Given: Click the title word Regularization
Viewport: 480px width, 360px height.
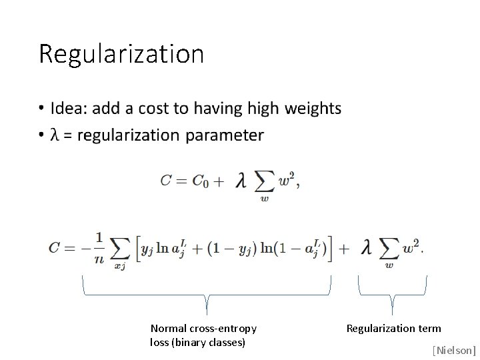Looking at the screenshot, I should click(x=121, y=54).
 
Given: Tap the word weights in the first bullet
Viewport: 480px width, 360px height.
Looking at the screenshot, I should click(x=313, y=108).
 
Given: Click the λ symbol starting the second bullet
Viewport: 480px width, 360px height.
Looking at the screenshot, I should click(x=56, y=135).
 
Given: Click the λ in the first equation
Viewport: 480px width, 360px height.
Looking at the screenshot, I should click(x=241, y=181).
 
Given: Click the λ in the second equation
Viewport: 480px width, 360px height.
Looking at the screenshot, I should click(x=365, y=247).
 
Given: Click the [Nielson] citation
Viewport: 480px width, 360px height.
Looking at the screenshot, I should click(x=454, y=349).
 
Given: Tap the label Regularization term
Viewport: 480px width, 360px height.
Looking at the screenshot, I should click(x=393, y=328).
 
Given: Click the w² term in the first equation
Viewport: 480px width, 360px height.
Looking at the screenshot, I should click(x=288, y=180).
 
